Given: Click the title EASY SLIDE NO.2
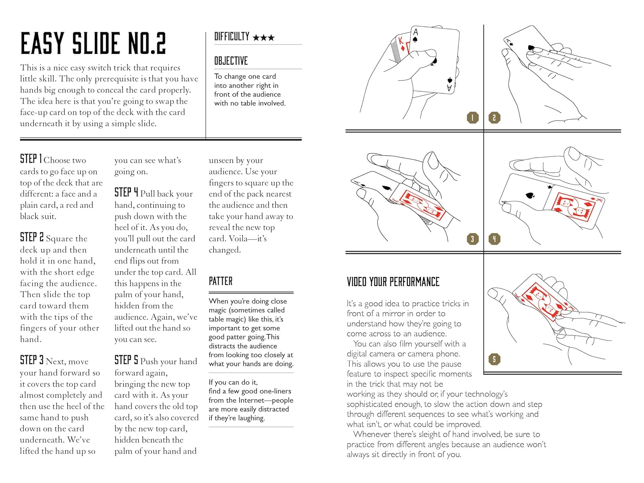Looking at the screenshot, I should pyautogui.click(x=93, y=43).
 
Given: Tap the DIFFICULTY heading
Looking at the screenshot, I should pyautogui.click(x=232, y=37).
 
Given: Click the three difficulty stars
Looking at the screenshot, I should pyautogui.click(x=264, y=38).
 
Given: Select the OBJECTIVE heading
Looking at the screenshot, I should pyautogui.click(x=231, y=61).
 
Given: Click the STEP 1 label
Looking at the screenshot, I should pyautogui.click(x=31, y=159).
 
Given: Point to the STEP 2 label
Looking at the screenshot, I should pyautogui.click(x=32, y=237).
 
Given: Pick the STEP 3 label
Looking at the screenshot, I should pyautogui.click(x=32, y=360).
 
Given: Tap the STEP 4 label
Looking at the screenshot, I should pyautogui.click(x=126, y=193).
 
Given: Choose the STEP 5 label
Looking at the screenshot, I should pyautogui.click(x=126, y=360).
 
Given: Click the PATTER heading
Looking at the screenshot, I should pyautogui.click(x=221, y=282).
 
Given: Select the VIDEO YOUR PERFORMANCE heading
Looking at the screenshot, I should pyautogui.click(x=393, y=282).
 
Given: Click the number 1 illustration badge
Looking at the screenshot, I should pyautogui.click(x=473, y=118).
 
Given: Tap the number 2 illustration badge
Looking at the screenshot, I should pyautogui.click(x=495, y=118).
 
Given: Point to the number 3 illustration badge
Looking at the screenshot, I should pyautogui.click(x=473, y=239).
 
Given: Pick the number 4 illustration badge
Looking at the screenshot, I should pyautogui.click(x=495, y=239).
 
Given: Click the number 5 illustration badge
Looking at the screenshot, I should pyautogui.click(x=495, y=359).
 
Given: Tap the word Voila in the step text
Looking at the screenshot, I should pyautogui.click(x=238, y=239).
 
